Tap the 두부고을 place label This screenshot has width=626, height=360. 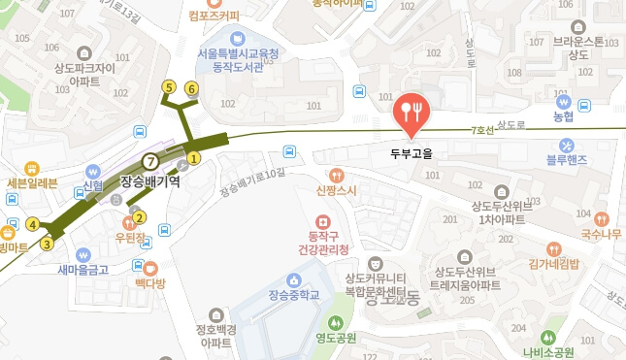412,152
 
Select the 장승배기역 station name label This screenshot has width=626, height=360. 150,180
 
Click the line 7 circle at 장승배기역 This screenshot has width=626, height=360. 149,161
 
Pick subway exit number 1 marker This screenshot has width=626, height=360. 194,158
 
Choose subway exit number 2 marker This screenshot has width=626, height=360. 140,217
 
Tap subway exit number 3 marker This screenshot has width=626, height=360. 47,244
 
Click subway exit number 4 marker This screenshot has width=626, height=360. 33,225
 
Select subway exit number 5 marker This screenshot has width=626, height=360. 169,88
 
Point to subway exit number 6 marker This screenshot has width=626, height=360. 191,89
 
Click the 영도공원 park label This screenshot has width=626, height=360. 336,339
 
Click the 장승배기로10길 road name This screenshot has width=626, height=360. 254,180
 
